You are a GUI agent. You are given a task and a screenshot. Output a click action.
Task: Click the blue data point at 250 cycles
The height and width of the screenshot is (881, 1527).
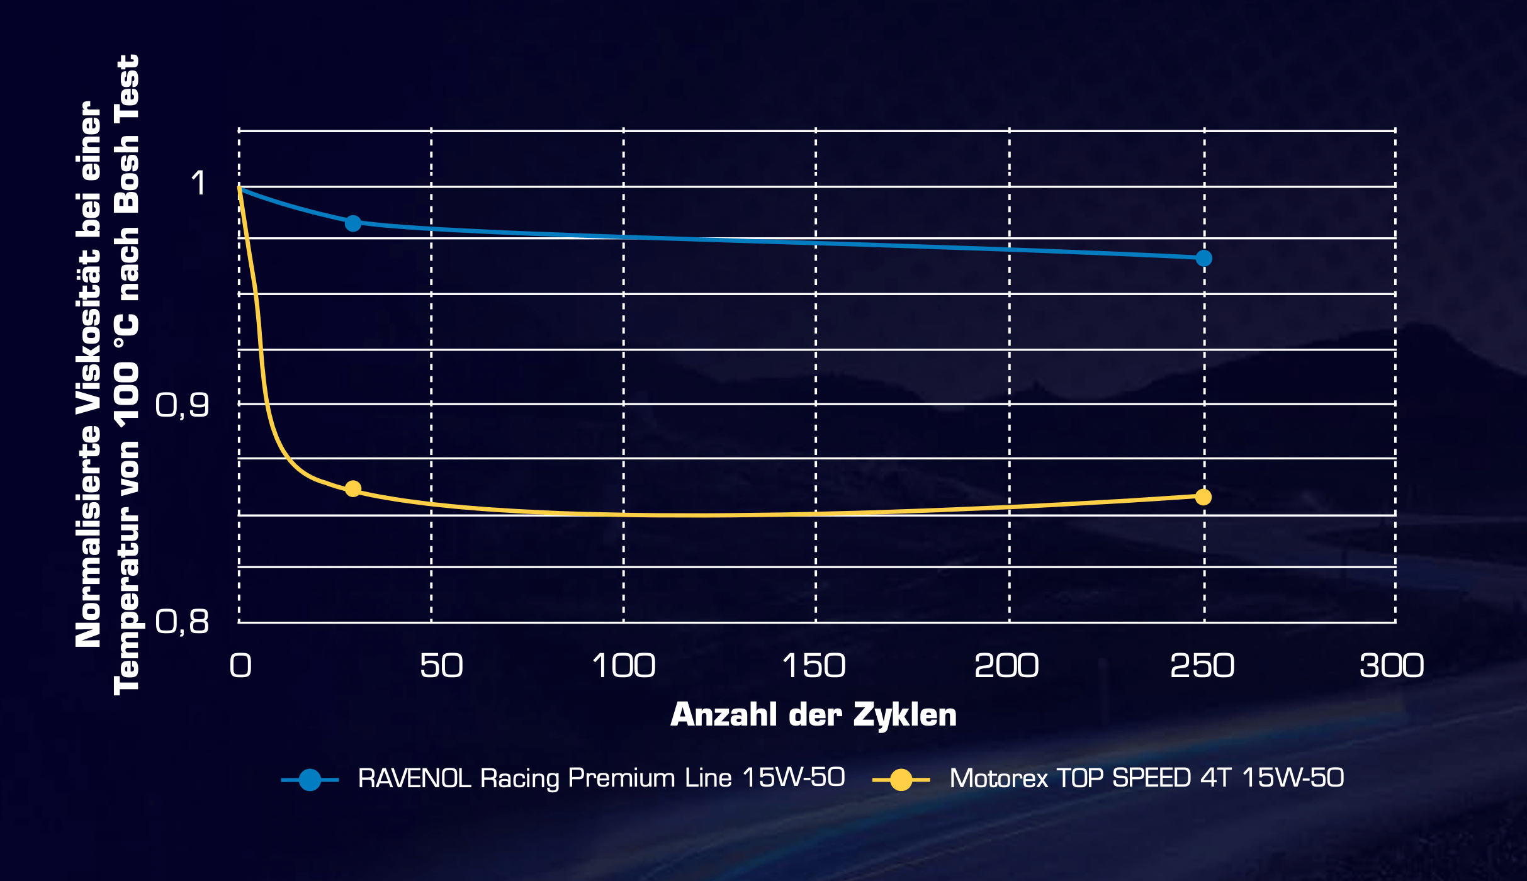point(1203,258)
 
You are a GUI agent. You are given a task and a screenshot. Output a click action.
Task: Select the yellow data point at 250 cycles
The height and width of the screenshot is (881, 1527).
point(1203,497)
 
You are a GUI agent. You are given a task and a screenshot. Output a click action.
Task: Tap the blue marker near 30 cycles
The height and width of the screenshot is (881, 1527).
point(353,223)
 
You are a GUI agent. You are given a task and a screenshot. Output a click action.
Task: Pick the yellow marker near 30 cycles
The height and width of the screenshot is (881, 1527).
point(353,489)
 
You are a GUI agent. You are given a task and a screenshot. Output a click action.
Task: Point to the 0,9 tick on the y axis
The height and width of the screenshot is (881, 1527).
point(182,405)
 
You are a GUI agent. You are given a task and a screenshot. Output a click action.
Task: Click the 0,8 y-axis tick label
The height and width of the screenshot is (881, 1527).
point(182,622)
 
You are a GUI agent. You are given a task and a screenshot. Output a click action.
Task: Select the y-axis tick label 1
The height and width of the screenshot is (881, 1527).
point(198,183)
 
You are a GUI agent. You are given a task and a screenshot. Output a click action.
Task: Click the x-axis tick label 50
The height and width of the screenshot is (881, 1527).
point(441,666)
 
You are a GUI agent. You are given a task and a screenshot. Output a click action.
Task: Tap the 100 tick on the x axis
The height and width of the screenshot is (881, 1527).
point(624,666)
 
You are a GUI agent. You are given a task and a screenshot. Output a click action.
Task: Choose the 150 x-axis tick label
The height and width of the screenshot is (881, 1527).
point(814,666)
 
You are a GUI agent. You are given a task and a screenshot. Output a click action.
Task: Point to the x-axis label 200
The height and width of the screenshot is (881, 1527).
point(1006,666)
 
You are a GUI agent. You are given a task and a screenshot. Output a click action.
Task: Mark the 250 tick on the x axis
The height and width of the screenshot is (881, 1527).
point(1202,666)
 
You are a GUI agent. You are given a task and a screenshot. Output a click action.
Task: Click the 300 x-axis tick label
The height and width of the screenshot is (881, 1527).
point(1392,666)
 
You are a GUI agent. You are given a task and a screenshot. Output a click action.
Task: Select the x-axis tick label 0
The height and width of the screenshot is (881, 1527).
point(240,666)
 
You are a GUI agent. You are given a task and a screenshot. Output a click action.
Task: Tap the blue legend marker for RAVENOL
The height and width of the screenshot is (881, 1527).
point(310,780)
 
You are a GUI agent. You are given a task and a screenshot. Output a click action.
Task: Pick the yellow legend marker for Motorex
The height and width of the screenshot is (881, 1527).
point(901,780)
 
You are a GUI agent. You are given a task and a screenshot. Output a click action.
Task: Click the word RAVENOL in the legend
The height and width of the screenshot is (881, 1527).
point(414,778)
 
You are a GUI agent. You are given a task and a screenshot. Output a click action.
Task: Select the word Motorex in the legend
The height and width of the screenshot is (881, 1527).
point(998,778)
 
